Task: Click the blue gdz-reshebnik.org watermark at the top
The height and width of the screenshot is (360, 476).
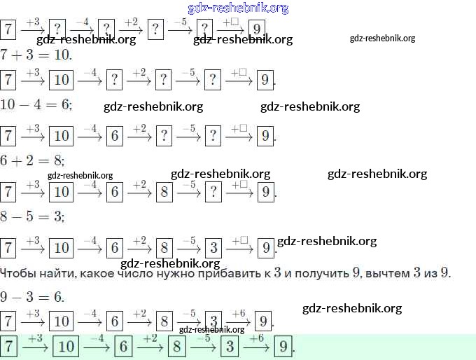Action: click(238, 8)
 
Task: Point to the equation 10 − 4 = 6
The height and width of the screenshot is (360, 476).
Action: click(36, 104)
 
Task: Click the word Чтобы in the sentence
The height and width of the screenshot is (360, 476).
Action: click(17, 272)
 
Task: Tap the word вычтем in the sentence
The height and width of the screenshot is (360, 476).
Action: click(386, 272)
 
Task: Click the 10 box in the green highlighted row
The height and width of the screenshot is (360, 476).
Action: click(67, 347)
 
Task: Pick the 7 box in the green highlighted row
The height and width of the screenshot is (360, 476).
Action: click(9, 347)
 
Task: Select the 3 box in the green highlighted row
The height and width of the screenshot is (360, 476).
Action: click(229, 347)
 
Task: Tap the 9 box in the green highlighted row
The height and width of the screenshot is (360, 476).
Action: click(283, 347)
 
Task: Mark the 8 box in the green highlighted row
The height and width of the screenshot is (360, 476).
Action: click(177, 347)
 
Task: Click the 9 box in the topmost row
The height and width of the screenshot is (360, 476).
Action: click(258, 29)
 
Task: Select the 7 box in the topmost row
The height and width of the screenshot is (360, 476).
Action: click(8, 29)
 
